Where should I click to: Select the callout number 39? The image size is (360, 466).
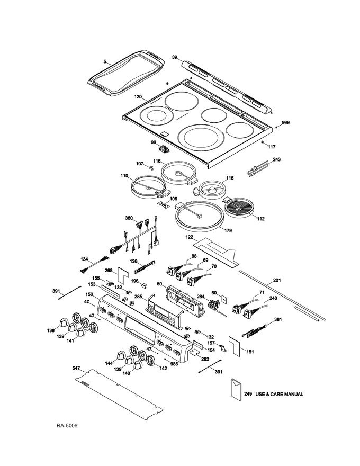175,57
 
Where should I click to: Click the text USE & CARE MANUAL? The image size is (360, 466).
280,395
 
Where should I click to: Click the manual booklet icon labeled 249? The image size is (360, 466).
236,391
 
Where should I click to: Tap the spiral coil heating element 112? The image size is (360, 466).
242,209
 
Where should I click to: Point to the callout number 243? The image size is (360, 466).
276,159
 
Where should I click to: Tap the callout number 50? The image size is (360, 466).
159,284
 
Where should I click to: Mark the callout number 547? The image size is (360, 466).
76,367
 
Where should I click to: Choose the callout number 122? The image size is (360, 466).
189,238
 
